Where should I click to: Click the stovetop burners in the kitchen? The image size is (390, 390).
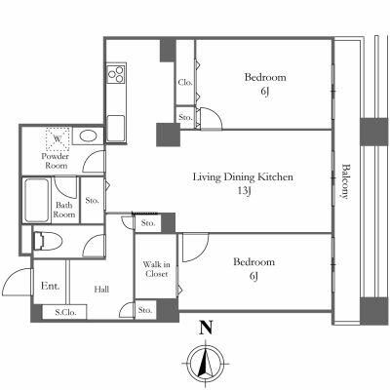point(116,74)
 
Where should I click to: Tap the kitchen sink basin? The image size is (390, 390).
point(116,128)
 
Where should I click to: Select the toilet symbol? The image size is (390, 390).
point(48,241)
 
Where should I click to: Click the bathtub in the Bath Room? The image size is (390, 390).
point(36,200)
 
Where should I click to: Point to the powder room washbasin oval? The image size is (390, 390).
point(88,136)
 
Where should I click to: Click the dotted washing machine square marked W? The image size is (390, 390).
point(58,138)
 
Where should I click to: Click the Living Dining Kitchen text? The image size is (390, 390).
point(243,177)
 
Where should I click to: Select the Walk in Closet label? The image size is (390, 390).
point(156,269)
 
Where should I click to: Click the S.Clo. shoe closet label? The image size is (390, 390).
point(65,313)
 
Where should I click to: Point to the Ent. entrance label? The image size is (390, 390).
point(51,286)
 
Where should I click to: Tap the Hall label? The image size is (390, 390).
point(101,289)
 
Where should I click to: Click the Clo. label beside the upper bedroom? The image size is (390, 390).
point(185,83)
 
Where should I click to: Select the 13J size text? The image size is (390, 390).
point(245,191)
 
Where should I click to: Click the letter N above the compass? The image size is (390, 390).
point(206,328)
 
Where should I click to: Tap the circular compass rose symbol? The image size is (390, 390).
point(206,364)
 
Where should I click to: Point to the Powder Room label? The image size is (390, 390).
point(56,161)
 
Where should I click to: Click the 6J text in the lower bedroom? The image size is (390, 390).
point(253,276)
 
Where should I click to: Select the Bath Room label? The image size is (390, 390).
point(64,210)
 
